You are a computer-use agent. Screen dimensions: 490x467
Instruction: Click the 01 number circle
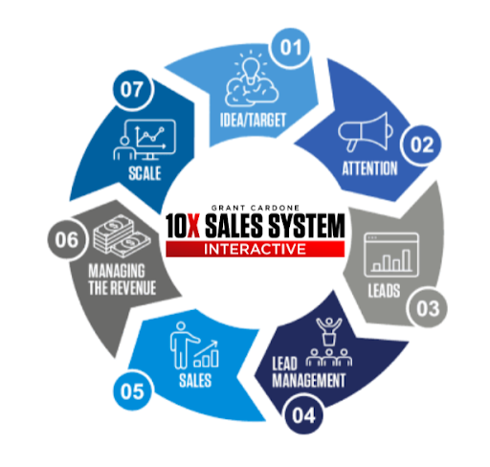pyautogui.click(x=291, y=48)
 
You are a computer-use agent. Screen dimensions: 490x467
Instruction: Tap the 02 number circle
pyautogui.click(x=421, y=145)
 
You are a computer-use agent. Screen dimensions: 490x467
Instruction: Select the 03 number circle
pyautogui.click(x=427, y=308)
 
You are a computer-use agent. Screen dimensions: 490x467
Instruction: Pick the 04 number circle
pyautogui.click(x=303, y=414)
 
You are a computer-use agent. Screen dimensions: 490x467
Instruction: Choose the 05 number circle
pyautogui.click(x=133, y=390)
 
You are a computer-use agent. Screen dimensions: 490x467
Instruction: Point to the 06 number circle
pyautogui.click(x=67, y=240)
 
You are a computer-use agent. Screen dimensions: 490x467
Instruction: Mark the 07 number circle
pyautogui.click(x=132, y=90)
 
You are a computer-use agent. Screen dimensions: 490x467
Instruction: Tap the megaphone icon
pyautogui.click(x=366, y=132)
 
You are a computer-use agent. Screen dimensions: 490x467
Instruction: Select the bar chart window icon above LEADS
pyautogui.click(x=391, y=255)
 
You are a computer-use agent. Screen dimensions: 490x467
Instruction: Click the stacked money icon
pyautogui.click(x=122, y=236)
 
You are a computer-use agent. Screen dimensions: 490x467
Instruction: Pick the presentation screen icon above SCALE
pyautogui.click(x=145, y=140)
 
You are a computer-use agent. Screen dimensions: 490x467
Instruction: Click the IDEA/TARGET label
pyautogui.click(x=253, y=121)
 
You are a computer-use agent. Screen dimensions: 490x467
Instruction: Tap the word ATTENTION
pyautogui.click(x=369, y=168)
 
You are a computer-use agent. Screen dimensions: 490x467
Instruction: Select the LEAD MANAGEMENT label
pyautogui.click(x=308, y=372)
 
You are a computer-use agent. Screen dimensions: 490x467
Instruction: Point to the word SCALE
pyautogui.click(x=145, y=173)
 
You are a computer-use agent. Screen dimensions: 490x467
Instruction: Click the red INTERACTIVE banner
pyautogui.click(x=255, y=249)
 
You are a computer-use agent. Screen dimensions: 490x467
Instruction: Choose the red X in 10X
pyautogui.click(x=192, y=226)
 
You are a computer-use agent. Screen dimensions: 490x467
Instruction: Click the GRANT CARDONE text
pyautogui.click(x=256, y=208)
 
